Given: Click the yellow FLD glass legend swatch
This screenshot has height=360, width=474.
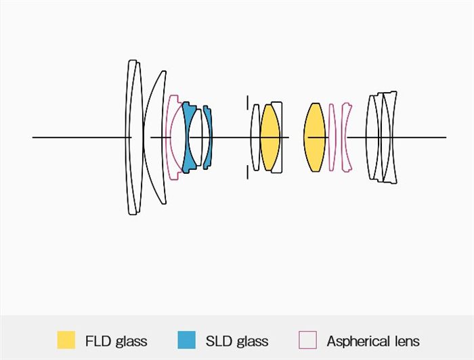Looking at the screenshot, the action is click(66, 340).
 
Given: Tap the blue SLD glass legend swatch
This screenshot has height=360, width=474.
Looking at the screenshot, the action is click(186, 340).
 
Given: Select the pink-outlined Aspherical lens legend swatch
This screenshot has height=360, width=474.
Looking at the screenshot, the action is click(307, 340).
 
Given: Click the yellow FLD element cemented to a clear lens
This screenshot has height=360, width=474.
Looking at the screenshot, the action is click(270, 137).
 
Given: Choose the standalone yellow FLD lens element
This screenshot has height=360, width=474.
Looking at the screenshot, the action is click(315, 137).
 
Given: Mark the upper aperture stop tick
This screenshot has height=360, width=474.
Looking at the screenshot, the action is click(248, 102).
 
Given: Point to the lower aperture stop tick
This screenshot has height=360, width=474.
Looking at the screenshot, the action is click(248, 172).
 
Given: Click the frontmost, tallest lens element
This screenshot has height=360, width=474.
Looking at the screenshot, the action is click(131, 137).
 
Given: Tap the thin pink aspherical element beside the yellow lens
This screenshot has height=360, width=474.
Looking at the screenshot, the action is click(332, 137).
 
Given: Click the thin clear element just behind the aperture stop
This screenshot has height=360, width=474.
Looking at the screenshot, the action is click(255, 137).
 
